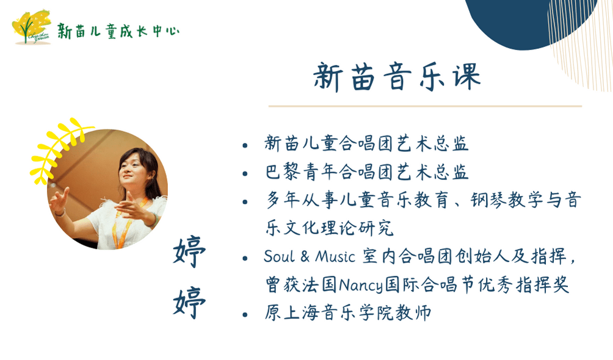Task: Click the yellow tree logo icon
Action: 31,27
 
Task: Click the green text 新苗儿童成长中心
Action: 118,31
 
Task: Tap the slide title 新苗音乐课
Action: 397,77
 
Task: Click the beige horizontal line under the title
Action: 425,106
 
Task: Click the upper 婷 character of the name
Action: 189,252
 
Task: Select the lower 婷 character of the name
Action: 189,303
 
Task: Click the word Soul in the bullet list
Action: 279,256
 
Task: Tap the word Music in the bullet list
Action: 335,256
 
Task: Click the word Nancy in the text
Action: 361,286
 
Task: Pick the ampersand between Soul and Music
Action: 305,256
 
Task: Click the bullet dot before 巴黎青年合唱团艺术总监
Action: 245,174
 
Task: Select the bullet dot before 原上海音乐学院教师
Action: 245,314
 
